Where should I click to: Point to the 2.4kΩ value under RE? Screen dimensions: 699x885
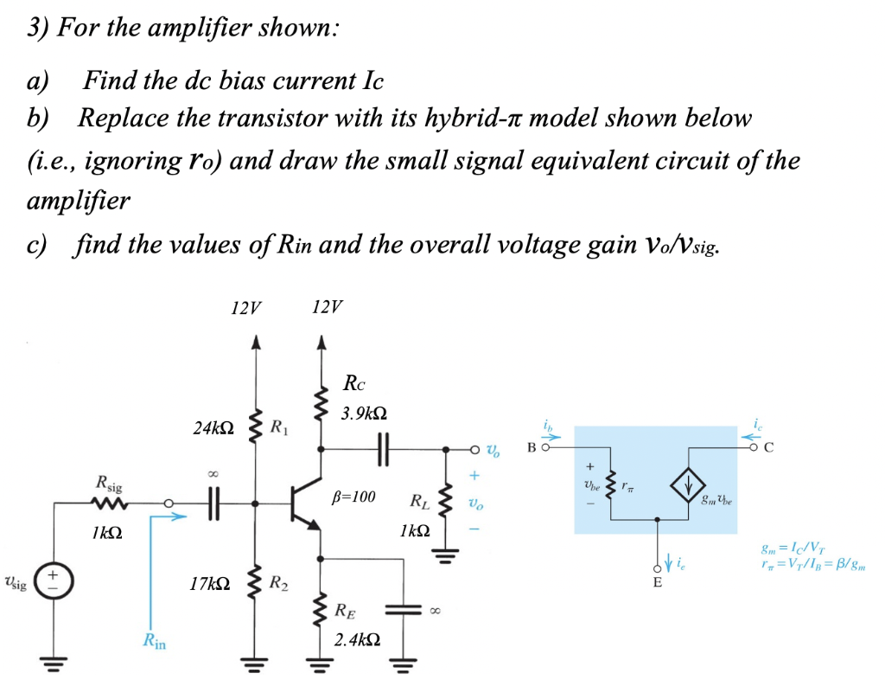356,641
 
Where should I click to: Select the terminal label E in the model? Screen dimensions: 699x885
658,583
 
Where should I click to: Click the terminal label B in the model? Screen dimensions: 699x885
532,447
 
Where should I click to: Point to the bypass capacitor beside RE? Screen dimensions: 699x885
403,610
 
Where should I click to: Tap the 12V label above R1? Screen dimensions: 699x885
247,307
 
